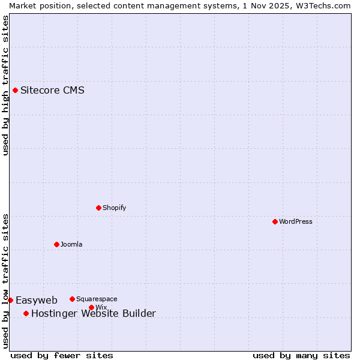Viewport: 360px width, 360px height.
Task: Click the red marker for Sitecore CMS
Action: [15, 91]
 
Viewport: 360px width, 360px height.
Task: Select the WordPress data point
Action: [275, 221]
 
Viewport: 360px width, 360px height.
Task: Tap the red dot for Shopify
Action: [98, 208]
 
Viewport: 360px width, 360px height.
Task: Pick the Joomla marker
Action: [56, 244]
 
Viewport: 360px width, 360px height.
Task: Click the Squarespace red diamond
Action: [72, 299]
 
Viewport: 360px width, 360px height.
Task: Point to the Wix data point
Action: [91, 307]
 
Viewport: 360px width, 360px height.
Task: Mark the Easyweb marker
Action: [10, 300]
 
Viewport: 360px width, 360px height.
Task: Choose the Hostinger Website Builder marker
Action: [26, 313]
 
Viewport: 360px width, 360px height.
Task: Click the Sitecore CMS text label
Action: [52, 91]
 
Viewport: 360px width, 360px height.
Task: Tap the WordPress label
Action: [296, 221]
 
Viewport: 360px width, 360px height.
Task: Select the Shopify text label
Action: [115, 208]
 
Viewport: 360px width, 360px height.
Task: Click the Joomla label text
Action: [71, 244]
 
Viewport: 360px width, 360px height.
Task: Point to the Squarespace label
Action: [97, 299]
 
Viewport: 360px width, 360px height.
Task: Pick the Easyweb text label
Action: [37, 300]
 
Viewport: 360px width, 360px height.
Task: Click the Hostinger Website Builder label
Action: [93, 313]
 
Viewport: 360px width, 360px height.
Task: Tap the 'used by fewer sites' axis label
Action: [62, 355]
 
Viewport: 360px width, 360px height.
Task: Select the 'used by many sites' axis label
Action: [301, 355]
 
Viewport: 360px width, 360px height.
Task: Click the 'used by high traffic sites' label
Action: [5, 85]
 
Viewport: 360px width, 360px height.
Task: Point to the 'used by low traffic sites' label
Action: [5, 281]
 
